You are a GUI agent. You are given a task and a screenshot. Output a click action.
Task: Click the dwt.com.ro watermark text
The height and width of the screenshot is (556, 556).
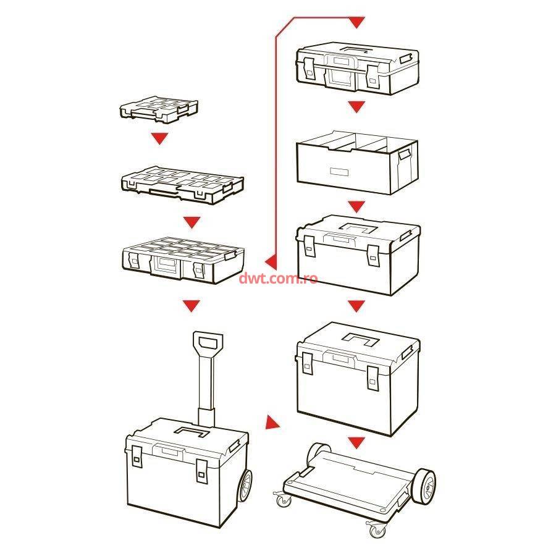coord(279,279)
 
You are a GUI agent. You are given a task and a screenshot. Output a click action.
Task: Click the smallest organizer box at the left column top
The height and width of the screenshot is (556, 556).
coord(159,109)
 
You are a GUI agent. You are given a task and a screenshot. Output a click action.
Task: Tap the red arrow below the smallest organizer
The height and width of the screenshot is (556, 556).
coord(159,138)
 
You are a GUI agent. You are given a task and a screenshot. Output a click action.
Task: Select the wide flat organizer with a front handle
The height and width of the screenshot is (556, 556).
coord(182,184)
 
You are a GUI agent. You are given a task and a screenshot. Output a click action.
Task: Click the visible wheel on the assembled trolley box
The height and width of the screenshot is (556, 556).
coord(245,486)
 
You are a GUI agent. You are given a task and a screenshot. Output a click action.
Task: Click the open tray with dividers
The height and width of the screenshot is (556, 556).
coord(357,162)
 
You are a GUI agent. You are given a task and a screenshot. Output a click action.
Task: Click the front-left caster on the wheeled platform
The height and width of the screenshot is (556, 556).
coord(284,500)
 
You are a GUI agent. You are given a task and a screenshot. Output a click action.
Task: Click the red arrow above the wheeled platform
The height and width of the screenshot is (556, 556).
coord(356,442)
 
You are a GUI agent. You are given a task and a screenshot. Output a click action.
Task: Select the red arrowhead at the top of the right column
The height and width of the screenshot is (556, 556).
coord(356,22)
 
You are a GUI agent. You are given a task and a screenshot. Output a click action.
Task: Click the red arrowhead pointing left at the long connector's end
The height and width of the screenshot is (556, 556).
coord(271,261)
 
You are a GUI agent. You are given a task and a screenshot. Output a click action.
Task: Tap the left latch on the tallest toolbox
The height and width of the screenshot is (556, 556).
coord(308,363)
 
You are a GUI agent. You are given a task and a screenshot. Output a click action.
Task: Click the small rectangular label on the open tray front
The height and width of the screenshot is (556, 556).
coord(339,172)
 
